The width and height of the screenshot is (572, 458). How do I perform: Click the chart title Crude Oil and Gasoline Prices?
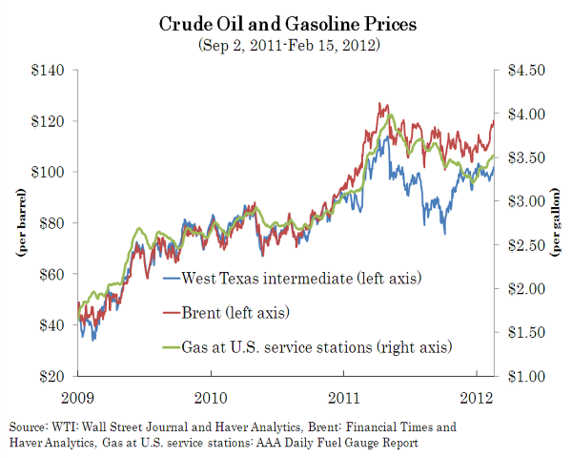pos(285,24)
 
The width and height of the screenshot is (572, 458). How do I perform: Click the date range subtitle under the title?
pos(285,44)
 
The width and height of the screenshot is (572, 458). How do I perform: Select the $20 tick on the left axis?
pos(50,376)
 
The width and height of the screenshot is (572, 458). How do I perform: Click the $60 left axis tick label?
pos(50,274)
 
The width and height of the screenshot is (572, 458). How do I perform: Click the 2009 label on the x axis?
pos(77,395)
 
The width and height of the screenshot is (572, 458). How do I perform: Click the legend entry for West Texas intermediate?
pos(301,279)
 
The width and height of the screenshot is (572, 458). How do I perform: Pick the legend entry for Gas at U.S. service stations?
pos(316,345)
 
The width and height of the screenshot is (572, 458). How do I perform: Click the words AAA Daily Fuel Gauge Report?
pos(352,443)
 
